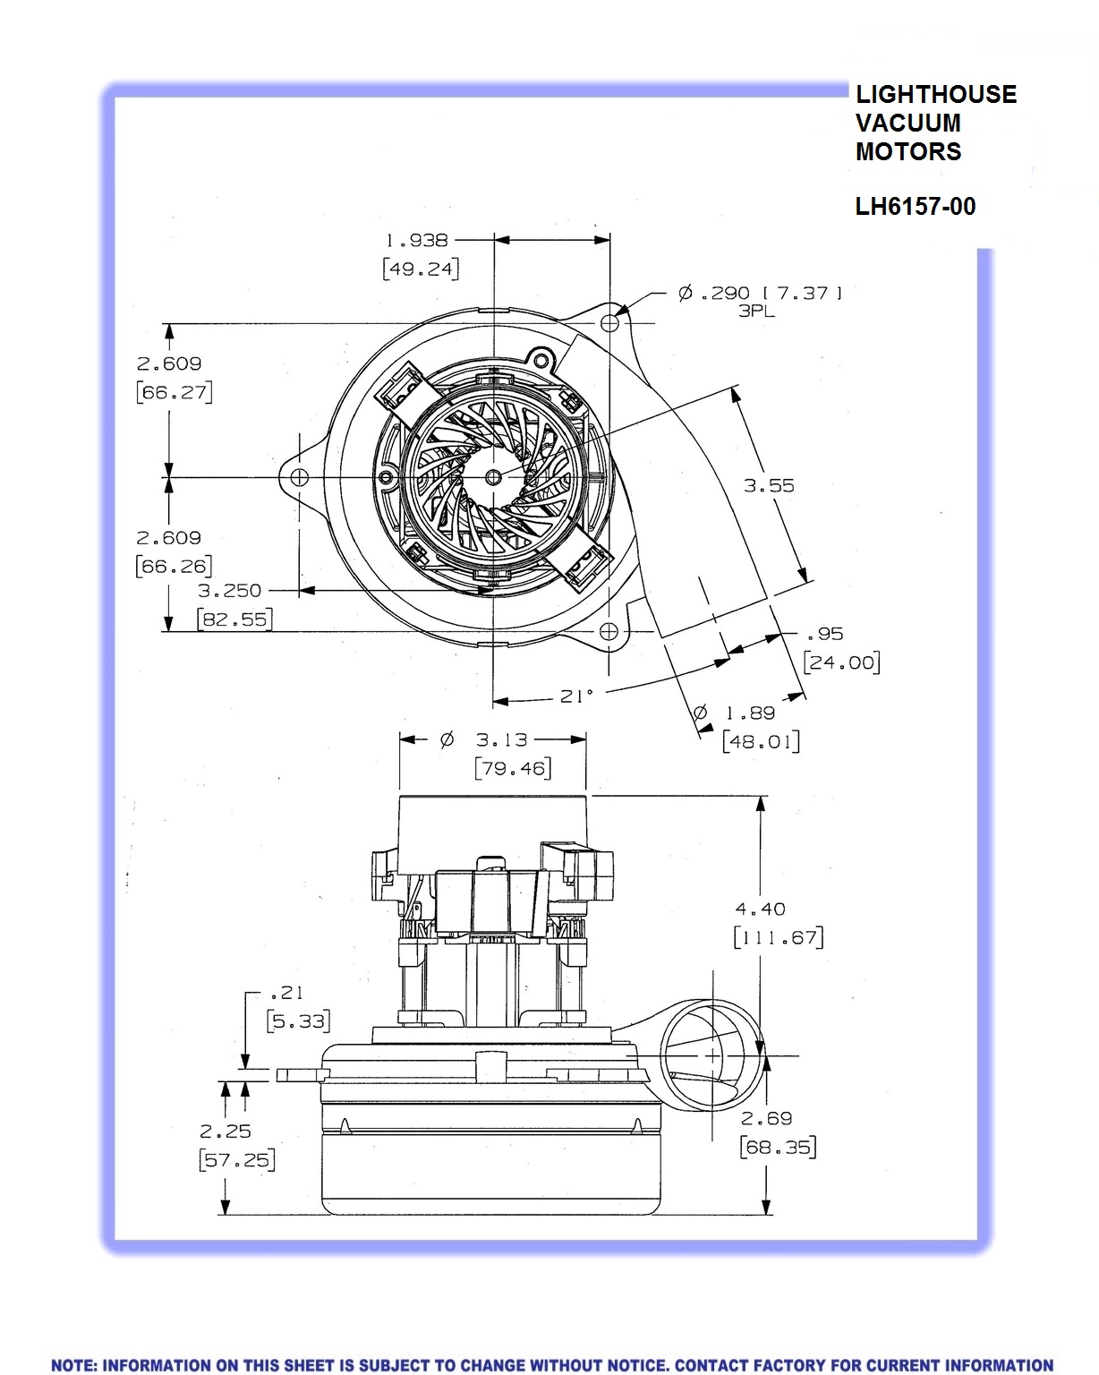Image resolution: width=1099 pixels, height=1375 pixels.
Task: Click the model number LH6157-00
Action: point(915,207)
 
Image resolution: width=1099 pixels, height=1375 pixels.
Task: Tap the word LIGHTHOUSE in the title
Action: point(936,95)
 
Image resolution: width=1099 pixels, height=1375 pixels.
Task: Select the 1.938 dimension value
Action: point(416,240)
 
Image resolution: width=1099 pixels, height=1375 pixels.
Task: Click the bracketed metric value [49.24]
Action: point(421,269)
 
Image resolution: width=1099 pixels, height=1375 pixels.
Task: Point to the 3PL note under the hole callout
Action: point(756,312)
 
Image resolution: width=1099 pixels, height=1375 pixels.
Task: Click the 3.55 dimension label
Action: point(769,485)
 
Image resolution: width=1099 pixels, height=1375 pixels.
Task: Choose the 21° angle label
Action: point(576,696)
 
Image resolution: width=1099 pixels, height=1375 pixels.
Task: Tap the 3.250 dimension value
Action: point(230,591)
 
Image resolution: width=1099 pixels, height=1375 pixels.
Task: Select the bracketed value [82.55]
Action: point(234,619)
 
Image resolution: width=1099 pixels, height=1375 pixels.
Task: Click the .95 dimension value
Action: point(824,634)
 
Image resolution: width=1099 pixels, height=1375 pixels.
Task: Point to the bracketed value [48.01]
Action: point(761,742)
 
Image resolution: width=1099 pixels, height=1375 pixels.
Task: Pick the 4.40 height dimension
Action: point(760,909)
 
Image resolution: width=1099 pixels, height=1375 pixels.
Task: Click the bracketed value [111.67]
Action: point(778,937)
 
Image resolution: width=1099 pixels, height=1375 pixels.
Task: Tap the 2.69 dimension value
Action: point(767,1118)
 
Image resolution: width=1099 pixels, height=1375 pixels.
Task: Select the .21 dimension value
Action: point(286,992)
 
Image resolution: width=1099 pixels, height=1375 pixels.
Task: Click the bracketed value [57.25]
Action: point(237,1160)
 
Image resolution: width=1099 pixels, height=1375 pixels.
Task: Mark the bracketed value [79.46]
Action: point(512,768)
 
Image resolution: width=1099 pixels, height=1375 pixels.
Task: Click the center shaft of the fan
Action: point(494,477)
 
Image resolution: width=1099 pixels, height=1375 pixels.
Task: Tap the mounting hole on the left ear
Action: point(300,477)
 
